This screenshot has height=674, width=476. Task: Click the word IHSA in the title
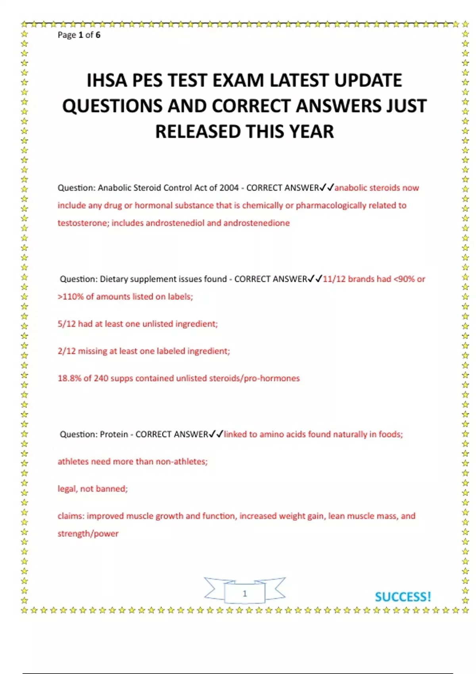click(x=107, y=80)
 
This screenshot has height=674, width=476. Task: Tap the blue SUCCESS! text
click(x=403, y=597)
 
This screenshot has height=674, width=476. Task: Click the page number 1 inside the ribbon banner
click(x=245, y=594)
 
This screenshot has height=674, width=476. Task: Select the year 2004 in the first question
click(x=229, y=188)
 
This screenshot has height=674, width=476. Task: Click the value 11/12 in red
click(x=334, y=279)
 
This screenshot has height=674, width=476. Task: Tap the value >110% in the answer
click(x=70, y=297)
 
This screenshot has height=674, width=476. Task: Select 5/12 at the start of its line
click(x=66, y=324)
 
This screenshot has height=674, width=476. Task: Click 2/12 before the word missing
click(x=66, y=351)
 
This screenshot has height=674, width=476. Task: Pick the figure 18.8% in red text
click(x=69, y=378)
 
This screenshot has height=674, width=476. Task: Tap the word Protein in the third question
click(x=114, y=435)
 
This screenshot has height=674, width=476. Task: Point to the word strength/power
click(x=88, y=534)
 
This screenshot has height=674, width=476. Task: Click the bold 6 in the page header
click(x=98, y=35)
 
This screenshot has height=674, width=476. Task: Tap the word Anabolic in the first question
click(x=114, y=188)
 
